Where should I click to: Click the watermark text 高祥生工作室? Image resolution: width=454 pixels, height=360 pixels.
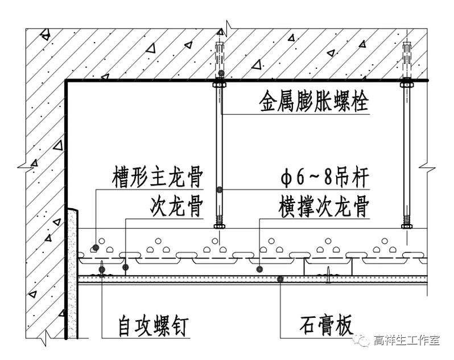[x=407, y=340]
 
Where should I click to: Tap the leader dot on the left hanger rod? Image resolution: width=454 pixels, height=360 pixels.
[x=219, y=189]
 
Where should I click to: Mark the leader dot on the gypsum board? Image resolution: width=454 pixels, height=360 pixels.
[x=280, y=279]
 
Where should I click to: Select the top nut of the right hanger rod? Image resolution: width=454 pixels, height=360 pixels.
[x=406, y=85]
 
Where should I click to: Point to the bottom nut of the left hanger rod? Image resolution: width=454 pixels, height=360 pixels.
[x=219, y=225]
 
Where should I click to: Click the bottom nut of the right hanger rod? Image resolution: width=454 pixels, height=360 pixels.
[x=406, y=225]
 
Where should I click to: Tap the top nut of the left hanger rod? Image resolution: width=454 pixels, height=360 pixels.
[x=219, y=85]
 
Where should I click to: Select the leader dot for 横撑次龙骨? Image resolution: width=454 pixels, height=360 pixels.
[x=259, y=268]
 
